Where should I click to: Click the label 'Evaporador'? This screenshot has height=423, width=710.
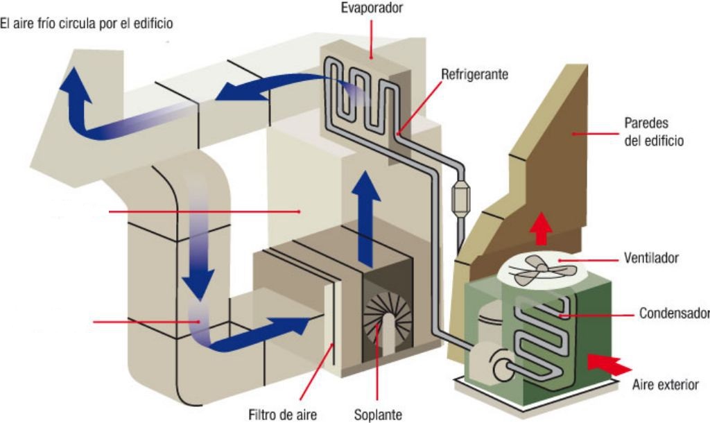click(371, 9)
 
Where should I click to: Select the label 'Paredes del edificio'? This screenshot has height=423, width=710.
click(654, 132)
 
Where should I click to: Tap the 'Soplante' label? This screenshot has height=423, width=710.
click(378, 414)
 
